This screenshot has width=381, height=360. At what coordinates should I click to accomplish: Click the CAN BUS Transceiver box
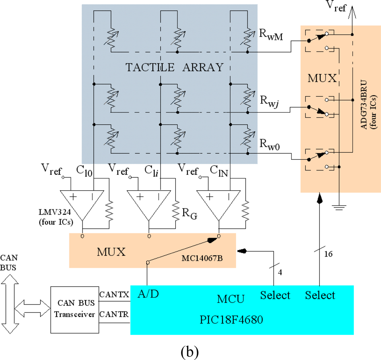point(74,309)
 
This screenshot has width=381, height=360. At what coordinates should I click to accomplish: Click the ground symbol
point(339,208)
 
